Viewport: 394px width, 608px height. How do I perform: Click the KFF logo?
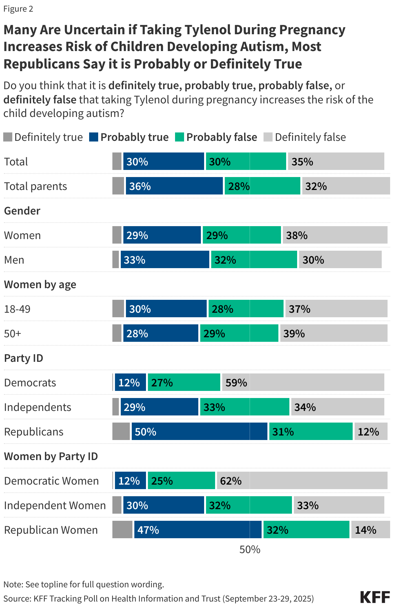point(375,597)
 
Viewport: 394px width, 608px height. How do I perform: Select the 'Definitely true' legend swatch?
point(8,137)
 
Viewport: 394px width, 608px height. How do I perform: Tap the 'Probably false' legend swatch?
point(180,137)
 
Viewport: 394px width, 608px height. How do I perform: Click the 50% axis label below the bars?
point(250,550)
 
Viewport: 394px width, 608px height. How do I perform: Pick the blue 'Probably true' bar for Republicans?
point(199,432)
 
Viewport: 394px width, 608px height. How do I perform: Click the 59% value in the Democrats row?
point(236,383)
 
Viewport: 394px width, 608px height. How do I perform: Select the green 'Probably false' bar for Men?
point(254,260)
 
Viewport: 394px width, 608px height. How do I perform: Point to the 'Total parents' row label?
point(36,186)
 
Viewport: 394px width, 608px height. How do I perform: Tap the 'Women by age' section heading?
point(40,285)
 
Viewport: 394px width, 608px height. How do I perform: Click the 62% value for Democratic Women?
point(231,481)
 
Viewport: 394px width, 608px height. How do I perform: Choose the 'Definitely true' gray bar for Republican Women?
point(122,530)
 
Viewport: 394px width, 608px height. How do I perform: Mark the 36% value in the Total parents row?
point(140,186)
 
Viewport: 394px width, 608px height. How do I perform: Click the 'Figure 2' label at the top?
point(18,9)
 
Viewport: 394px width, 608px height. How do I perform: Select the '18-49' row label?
point(17,309)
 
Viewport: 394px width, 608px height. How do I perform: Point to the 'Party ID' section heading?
point(24,358)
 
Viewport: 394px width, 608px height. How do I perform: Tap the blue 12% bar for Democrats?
point(130,383)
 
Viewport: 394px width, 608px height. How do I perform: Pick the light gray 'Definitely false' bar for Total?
point(336,162)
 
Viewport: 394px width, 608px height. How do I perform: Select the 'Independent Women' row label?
point(55,506)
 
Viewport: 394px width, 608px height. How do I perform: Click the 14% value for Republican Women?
point(366,530)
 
